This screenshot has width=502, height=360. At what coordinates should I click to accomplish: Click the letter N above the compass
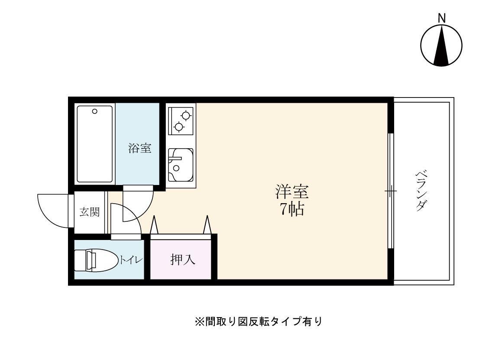(441, 18)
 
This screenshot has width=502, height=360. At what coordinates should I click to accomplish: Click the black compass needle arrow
(441, 46)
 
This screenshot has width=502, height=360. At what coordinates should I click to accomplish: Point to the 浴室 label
(139, 148)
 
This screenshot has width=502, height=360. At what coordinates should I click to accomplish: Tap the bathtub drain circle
(95, 111)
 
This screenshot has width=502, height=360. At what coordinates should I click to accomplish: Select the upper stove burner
(186, 116)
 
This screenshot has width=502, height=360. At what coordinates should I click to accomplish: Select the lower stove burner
(178, 126)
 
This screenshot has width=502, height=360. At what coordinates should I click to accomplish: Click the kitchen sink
(181, 165)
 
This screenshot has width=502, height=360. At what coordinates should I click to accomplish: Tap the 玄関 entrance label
(89, 212)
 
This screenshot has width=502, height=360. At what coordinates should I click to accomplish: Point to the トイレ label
(131, 260)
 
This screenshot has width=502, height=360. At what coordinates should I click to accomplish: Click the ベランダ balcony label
(420, 191)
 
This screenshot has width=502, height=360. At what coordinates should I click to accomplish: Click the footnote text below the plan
(259, 322)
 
